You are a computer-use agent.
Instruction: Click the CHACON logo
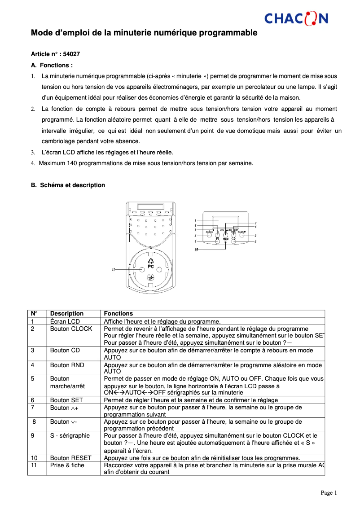tap(296, 18)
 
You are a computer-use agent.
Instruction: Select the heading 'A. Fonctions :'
tap(52, 65)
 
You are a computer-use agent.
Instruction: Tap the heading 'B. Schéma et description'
tap(68, 185)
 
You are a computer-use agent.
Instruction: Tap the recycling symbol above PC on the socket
tap(151, 260)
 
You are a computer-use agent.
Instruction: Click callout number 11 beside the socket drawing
tap(114, 269)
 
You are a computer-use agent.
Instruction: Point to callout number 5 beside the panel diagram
tap(255, 235)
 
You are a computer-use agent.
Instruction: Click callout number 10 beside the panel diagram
tap(196, 250)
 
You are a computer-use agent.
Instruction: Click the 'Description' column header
tap(67, 313)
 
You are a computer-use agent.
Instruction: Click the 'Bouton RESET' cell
tap(70, 458)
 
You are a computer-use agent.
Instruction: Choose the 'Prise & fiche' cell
tap(67, 465)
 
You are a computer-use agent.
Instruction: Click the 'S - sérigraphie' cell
tap(70, 435)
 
